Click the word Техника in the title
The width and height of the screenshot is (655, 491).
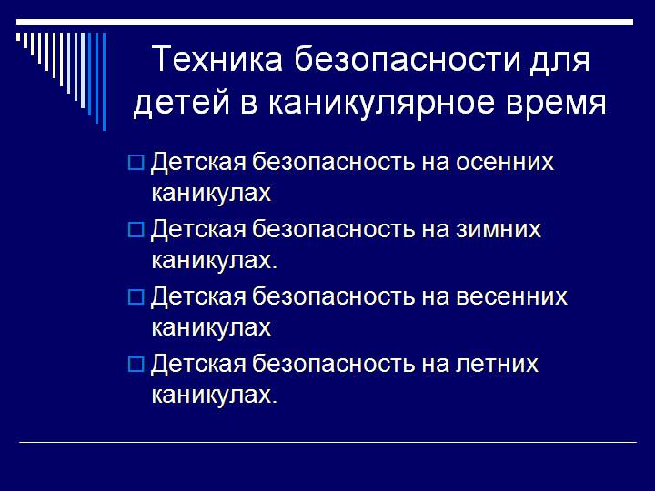pos(212,62)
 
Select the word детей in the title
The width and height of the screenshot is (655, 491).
pos(181,103)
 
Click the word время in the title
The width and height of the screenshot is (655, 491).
pos(559,103)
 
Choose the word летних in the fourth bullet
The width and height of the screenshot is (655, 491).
pos(496,365)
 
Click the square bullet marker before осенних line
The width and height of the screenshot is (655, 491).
pos(136,164)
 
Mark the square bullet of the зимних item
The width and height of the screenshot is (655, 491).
pos(136,231)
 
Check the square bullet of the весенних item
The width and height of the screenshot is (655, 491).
pos(136,298)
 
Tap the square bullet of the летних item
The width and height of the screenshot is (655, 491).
pos(136,366)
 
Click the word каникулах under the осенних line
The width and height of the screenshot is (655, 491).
pos(211,194)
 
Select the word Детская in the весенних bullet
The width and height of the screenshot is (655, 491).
pos(197,297)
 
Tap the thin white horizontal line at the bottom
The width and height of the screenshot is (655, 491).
pos(327,443)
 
